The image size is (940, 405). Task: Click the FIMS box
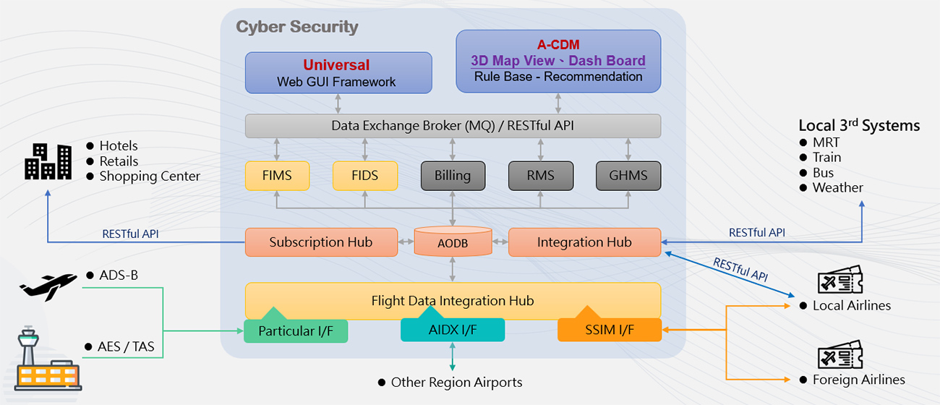(278, 176)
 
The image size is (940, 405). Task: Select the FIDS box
(365, 176)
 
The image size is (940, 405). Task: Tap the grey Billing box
(453, 176)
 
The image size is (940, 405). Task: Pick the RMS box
(540, 176)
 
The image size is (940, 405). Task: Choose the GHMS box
(628, 176)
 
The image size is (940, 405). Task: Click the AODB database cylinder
(453, 242)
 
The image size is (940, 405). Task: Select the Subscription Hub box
(321, 242)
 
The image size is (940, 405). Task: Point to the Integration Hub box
(584, 242)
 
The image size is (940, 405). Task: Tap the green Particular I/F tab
(296, 331)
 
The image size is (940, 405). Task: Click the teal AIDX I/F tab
(453, 329)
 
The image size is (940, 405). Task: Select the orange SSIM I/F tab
(610, 329)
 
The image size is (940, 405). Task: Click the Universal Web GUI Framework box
(338, 73)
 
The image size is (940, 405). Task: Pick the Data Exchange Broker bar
(453, 126)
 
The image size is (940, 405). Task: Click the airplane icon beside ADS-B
(48, 284)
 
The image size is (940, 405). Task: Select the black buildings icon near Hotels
(48, 161)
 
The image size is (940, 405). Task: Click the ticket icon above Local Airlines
(839, 280)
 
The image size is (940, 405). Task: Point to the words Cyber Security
(297, 27)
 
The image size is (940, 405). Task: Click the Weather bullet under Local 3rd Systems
(837, 188)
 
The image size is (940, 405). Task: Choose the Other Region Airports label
(456, 382)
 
